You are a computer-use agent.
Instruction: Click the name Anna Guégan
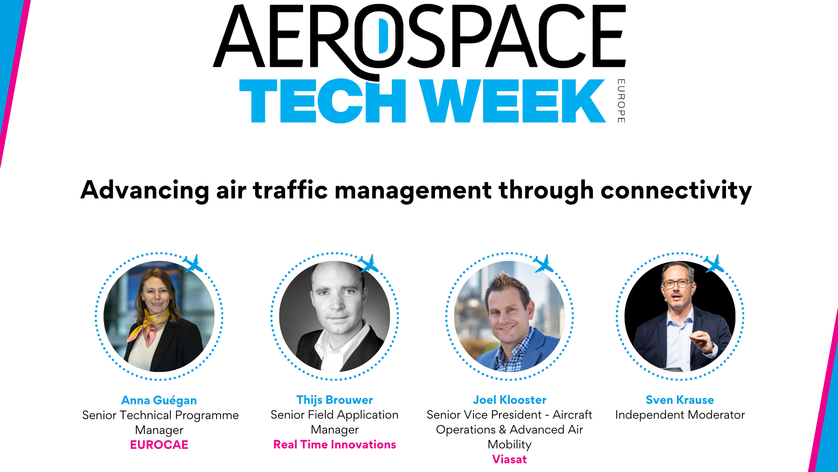click(x=159, y=400)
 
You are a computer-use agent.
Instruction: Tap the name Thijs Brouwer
click(x=335, y=400)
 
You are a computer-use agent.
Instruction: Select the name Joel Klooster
click(x=510, y=400)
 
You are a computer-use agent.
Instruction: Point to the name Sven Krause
click(x=679, y=400)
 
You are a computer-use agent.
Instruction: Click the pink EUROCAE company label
click(x=159, y=445)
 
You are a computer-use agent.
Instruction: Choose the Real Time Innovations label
click(x=335, y=444)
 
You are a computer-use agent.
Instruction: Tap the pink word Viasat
click(x=510, y=459)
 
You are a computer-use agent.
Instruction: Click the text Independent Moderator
click(x=679, y=415)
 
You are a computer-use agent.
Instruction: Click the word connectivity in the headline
click(x=676, y=191)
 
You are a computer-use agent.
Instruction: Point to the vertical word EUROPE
click(x=621, y=101)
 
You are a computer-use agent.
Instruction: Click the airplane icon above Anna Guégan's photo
click(x=193, y=264)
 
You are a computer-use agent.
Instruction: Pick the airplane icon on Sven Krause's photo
click(x=714, y=264)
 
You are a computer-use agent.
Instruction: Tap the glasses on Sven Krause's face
click(x=677, y=283)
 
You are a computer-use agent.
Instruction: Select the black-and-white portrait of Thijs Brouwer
click(x=335, y=316)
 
